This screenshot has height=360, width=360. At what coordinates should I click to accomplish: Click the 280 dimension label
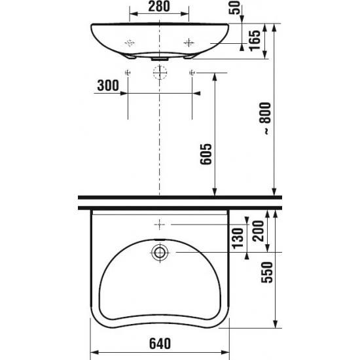(159, 6)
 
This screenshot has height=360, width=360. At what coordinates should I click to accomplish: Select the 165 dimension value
(255, 41)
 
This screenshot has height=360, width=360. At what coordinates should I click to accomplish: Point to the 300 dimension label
(108, 85)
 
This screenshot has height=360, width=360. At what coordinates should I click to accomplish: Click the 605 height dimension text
(206, 154)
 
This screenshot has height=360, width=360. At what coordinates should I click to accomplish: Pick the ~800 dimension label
(266, 118)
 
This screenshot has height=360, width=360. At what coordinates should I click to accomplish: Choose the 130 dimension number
(238, 238)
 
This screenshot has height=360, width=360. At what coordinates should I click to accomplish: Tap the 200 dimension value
(258, 231)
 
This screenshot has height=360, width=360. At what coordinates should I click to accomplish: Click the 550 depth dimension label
(267, 272)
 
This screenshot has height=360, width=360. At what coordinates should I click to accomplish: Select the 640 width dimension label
(160, 344)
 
